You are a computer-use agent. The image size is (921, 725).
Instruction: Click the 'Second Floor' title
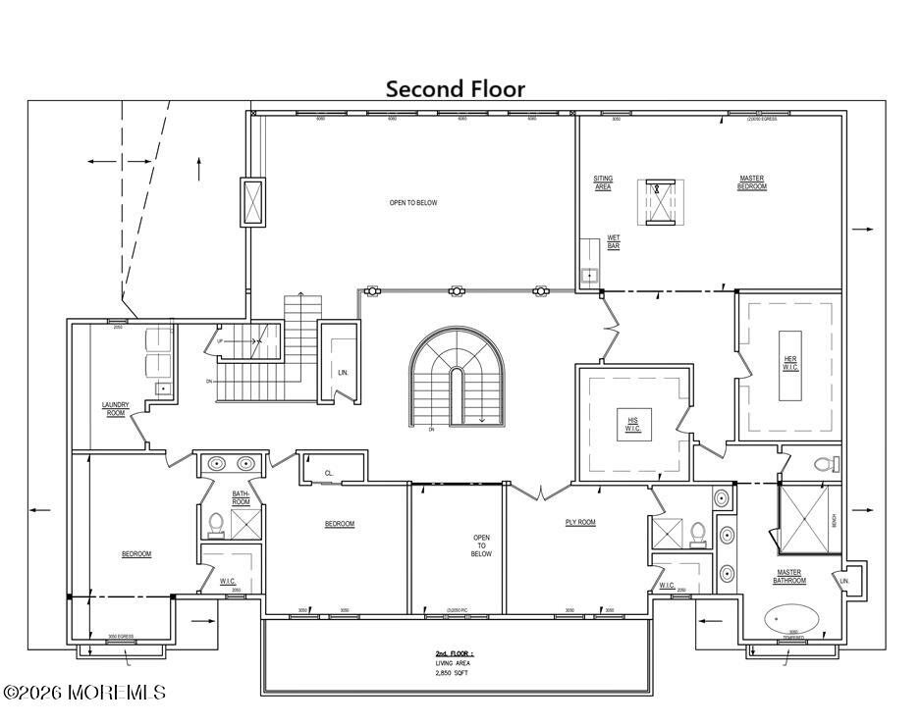tap(455, 89)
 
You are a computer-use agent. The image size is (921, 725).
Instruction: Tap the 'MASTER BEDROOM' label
tap(751, 182)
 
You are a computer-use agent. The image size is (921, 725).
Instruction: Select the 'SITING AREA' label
tap(603, 182)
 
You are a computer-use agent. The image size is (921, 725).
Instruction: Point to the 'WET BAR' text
tap(614, 241)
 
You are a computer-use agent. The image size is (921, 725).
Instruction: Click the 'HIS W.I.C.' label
tap(633, 425)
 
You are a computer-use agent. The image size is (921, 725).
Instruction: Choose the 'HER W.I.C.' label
tap(790, 364)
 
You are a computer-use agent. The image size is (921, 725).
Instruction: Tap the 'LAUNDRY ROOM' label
tap(116, 409)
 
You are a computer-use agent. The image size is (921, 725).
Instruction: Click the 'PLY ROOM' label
tap(580, 522)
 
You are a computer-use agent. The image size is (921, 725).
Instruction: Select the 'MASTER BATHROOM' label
tap(789, 576)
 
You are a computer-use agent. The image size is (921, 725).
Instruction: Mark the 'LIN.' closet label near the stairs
tap(343, 373)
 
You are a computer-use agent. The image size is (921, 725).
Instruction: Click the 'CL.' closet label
tap(329, 473)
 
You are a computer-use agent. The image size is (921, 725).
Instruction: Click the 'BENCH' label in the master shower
tap(835, 521)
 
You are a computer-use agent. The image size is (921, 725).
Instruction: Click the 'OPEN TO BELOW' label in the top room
tap(413, 203)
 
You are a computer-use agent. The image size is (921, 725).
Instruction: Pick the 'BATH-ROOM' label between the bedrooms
tap(241, 498)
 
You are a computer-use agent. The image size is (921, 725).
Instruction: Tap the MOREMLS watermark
tap(84, 693)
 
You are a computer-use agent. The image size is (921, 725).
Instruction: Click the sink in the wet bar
tap(589, 276)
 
